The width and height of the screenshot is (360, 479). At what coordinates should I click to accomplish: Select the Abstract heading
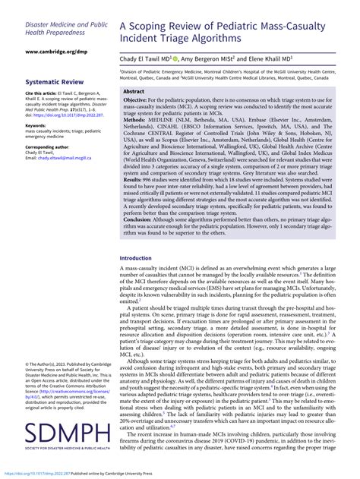tap(134, 90)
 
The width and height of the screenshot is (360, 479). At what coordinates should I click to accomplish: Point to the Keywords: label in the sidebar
tap(37, 125)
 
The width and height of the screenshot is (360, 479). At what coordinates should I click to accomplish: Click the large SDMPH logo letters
tap(66, 435)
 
